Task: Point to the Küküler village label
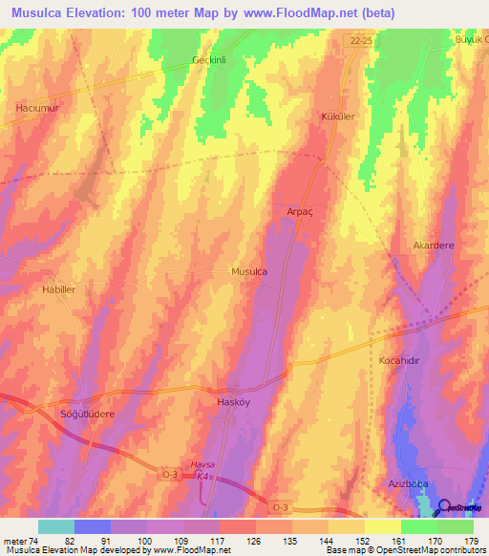point(337,117)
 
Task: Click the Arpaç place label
point(300,211)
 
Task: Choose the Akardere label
point(434,245)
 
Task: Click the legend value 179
point(471,541)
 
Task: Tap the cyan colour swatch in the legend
point(55,526)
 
